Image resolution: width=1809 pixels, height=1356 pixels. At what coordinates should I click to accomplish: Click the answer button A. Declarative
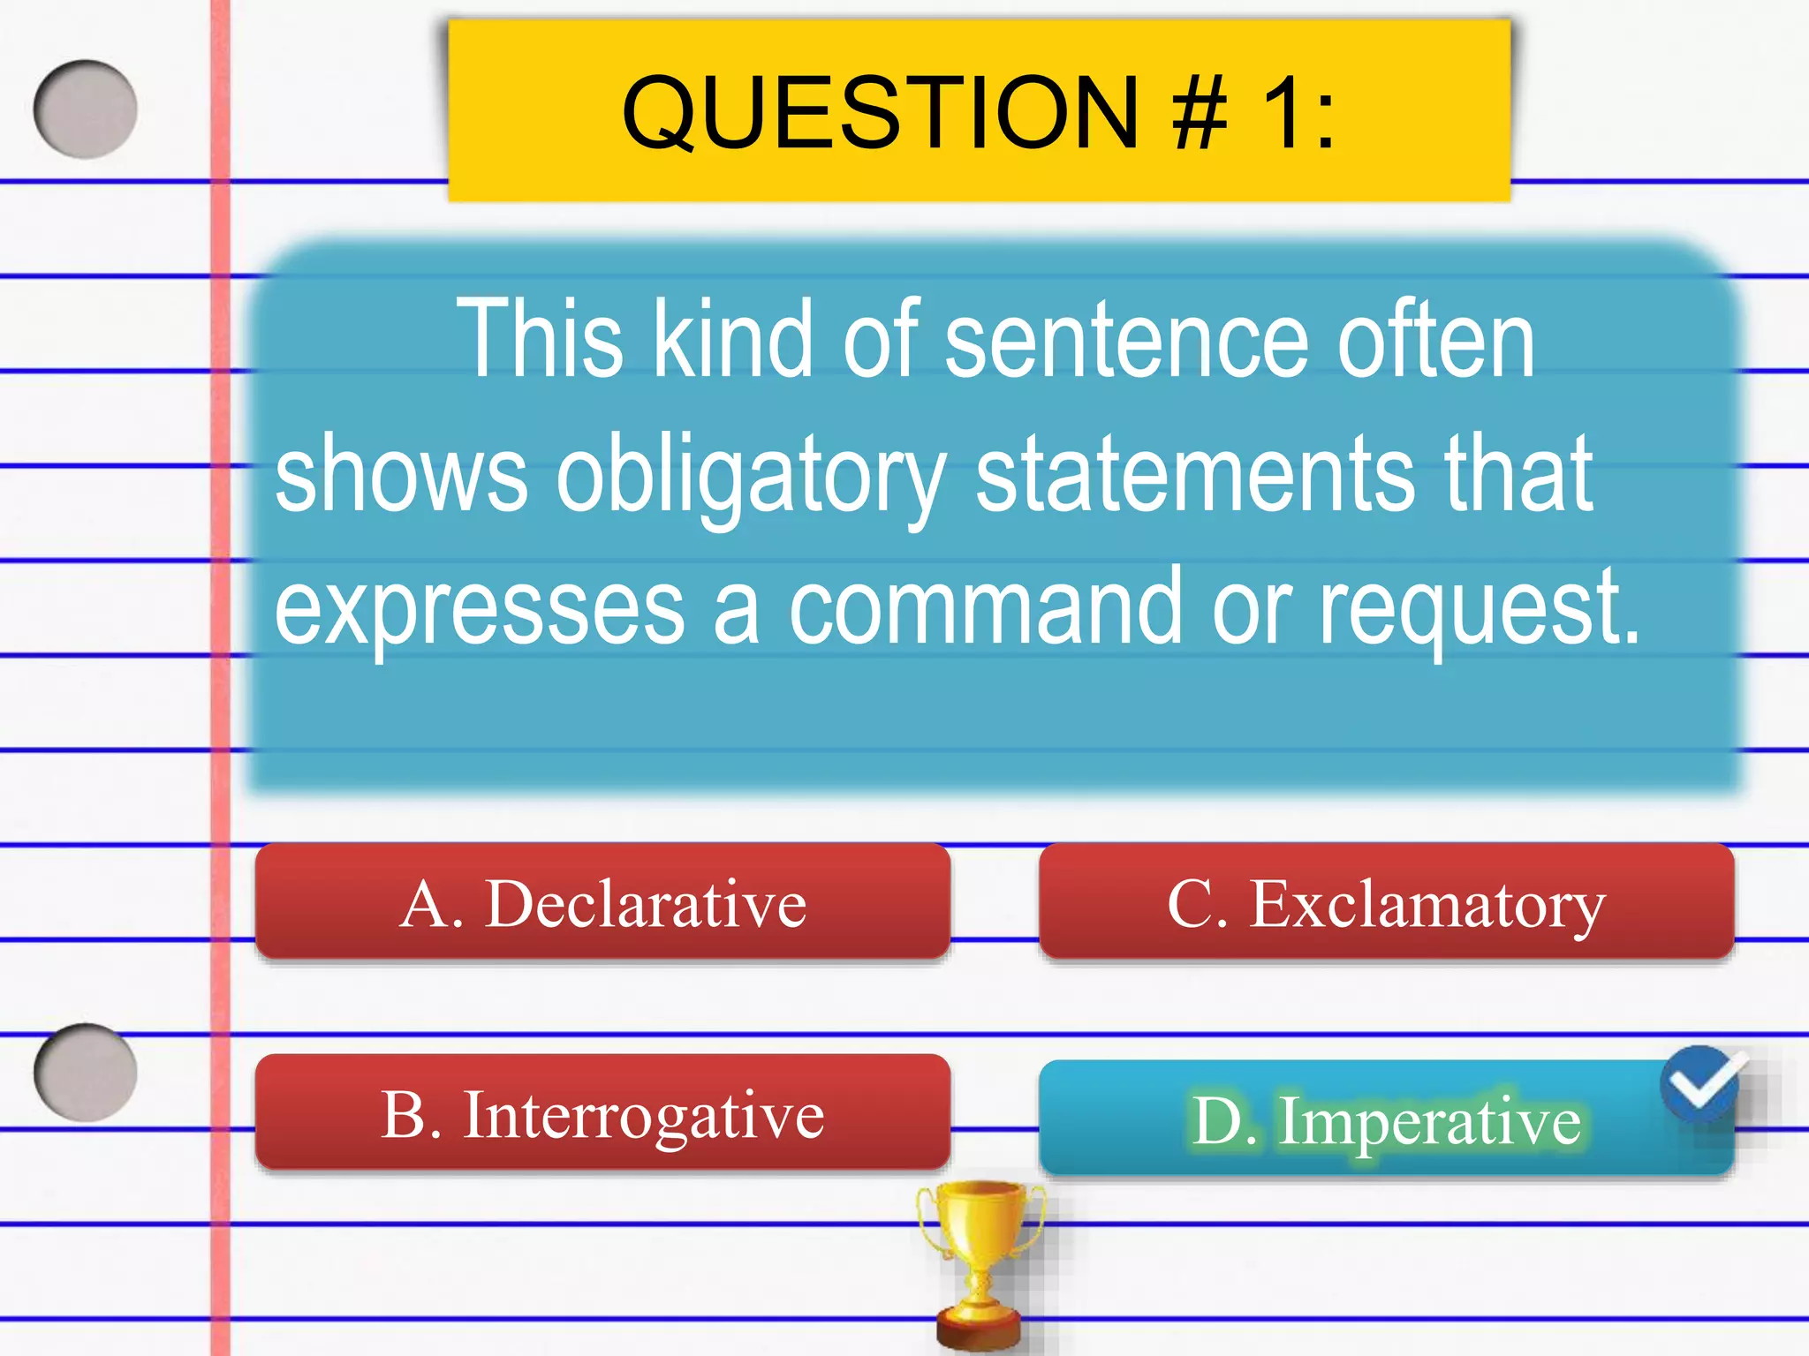[602, 902]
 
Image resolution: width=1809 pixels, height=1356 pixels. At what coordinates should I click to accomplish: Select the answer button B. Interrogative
[602, 1114]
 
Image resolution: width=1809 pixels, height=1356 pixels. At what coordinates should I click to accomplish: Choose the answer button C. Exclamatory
[1386, 902]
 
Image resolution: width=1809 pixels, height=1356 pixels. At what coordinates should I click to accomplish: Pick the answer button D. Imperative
[1386, 1119]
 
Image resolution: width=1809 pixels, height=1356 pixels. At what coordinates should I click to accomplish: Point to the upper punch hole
[86, 109]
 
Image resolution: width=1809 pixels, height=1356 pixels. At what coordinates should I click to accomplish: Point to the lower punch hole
[86, 1072]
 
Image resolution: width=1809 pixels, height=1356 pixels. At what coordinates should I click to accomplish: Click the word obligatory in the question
[751, 477]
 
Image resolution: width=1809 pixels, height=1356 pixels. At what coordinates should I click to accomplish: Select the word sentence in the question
[1126, 340]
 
